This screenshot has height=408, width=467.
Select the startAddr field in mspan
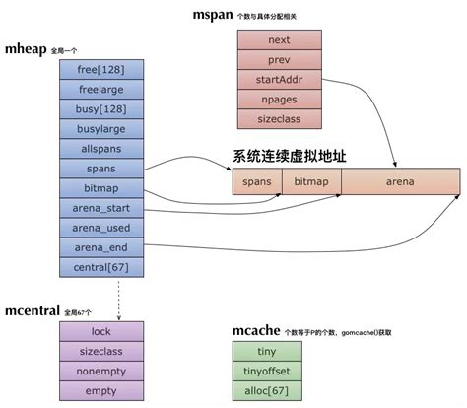coord(279,79)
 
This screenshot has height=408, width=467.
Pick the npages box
coord(279,99)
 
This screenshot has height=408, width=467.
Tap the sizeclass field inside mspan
coord(279,118)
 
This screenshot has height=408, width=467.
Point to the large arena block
coord(400,182)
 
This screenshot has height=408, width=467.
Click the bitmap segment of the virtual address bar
coord(311,182)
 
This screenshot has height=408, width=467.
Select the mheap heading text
coord(33,48)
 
